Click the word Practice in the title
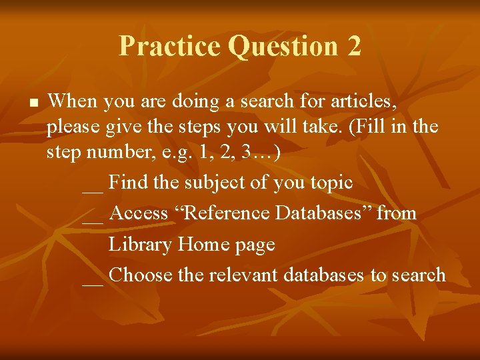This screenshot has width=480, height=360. point(169,46)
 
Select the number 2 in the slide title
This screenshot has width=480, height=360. point(353,46)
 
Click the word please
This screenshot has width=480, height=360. point(73,127)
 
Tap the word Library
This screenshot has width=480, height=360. point(140,245)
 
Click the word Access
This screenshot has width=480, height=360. point(139,213)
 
